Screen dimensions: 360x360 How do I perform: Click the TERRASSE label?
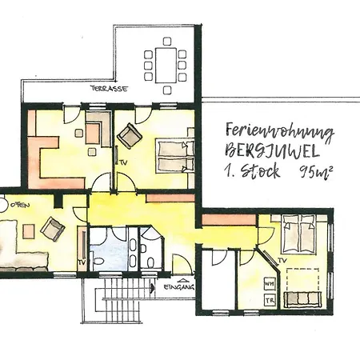(109, 89)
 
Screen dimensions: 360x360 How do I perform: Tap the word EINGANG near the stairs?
(178, 287)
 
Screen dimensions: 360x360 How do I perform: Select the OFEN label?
(20, 205)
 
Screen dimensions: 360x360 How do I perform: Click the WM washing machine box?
(269, 284)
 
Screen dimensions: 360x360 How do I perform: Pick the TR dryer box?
(270, 300)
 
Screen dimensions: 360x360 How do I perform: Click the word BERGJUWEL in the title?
(272, 150)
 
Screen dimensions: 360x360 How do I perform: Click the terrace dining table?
(166, 66)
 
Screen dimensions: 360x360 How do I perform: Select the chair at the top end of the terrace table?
(167, 42)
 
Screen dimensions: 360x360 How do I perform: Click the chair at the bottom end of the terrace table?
(167, 90)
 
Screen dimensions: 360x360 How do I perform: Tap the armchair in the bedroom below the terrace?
(130, 136)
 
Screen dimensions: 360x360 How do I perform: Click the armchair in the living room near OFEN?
(53, 229)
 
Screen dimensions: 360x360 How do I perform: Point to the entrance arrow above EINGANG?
(182, 281)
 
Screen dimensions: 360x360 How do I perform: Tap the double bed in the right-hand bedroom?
(299, 234)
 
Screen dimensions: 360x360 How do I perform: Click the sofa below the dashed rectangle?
(302, 298)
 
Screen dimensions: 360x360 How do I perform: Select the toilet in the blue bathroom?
(98, 261)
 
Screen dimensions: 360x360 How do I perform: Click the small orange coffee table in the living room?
(29, 231)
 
